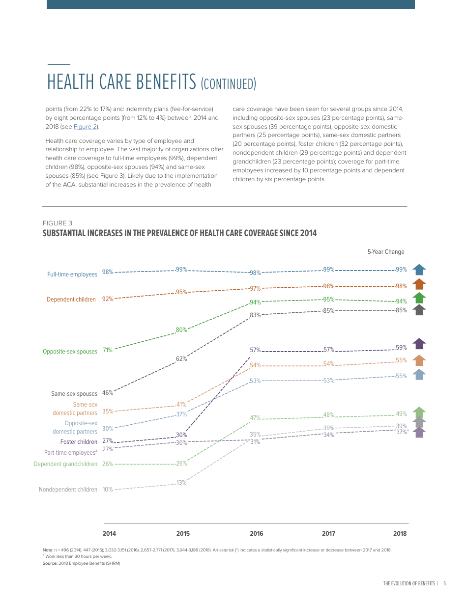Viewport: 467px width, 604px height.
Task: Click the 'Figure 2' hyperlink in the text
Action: pos(86,127)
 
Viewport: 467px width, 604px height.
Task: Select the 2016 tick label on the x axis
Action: pos(256,534)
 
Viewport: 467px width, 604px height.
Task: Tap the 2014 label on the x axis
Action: pos(109,534)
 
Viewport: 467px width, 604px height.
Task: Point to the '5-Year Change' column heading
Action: pos(386,252)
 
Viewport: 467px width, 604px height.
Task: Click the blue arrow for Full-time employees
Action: pos(419,270)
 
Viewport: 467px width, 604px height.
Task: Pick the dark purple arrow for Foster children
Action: pos(419,344)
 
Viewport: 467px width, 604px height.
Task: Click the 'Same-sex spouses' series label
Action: pos(74,394)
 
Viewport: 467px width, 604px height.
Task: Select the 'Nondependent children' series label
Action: pos(68,490)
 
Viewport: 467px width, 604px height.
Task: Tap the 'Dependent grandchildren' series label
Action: pos(65,464)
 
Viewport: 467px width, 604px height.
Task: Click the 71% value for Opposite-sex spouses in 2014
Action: pos(107,350)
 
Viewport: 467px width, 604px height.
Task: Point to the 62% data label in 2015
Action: pos(181,359)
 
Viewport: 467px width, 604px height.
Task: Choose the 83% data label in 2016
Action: pos(255,315)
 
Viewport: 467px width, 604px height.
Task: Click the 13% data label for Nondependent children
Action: pos(181,483)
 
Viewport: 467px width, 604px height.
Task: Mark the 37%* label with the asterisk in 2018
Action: pos(402,432)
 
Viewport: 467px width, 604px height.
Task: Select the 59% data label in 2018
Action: pos(401,348)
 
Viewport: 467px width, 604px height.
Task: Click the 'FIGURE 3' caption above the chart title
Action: pos(58,223)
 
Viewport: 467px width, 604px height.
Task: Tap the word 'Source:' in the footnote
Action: pos(50,563)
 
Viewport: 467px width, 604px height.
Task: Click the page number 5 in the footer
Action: pos(444,583)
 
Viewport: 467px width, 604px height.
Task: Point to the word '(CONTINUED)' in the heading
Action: pos(229,84)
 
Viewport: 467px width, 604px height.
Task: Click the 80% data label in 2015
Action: pos(181,330)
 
